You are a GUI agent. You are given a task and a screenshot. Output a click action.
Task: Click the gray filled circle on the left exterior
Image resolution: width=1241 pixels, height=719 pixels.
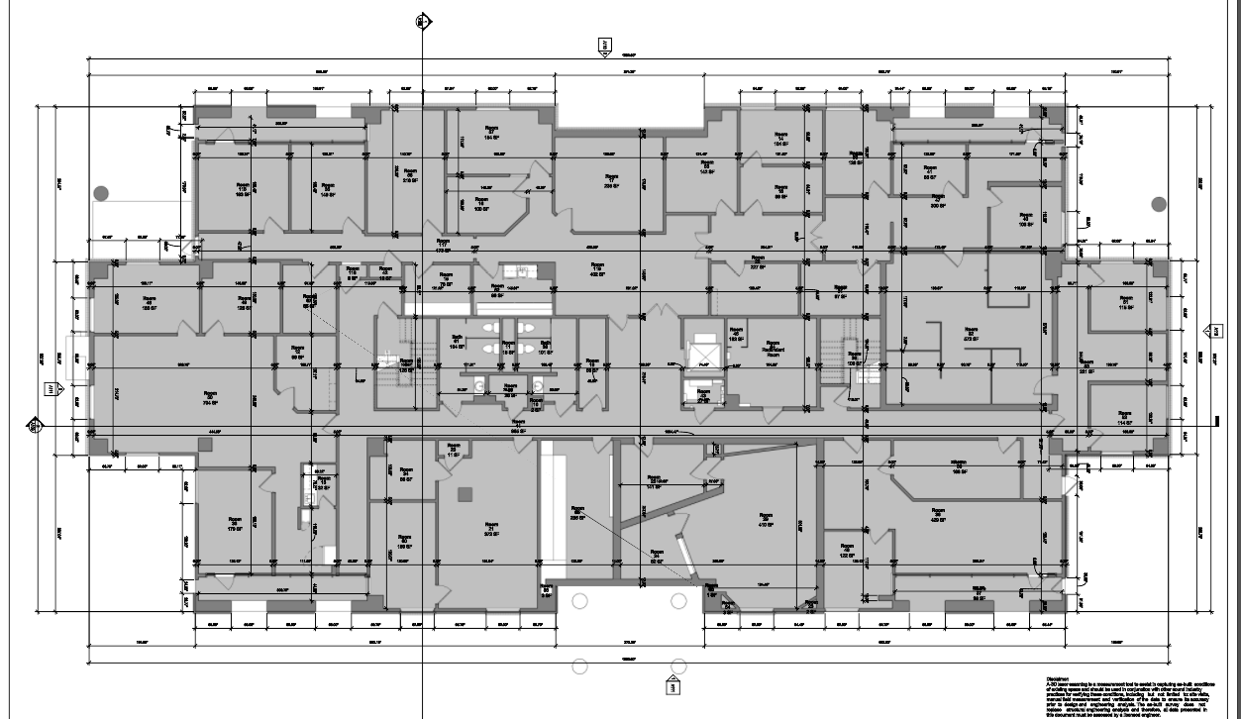click(x=100, y=193)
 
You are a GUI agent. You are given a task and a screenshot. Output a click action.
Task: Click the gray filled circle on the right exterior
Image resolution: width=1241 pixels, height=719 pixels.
click(x=1159, y=204)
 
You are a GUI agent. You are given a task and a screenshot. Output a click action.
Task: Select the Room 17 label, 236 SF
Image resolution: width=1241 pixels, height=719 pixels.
click(x=611, y=179)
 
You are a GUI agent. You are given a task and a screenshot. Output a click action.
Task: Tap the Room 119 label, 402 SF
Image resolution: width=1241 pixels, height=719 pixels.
click(x=597, y=269)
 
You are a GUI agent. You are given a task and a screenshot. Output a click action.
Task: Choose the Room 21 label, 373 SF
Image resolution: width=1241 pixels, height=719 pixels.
click(x=489, y=528)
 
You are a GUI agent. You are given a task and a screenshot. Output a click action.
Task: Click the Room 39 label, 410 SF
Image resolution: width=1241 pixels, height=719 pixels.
click(x=765, y=519)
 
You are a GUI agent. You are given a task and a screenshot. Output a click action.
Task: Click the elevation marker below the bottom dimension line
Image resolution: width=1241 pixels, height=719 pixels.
click(x=670, y=685)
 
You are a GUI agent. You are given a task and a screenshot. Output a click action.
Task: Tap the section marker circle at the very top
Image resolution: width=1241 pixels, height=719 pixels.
click(x=422, y=19)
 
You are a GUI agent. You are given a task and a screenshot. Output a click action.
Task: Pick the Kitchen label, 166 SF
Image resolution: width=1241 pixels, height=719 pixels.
click(x=958, y=467)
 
